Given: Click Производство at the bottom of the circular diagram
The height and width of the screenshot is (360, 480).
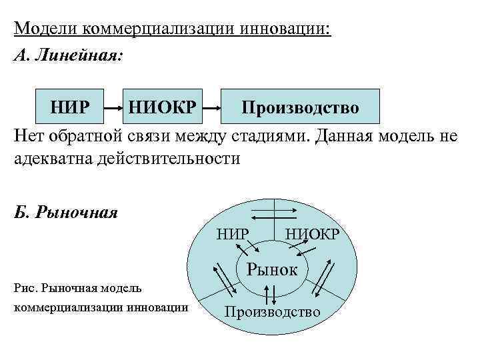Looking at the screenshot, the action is [x=272, y=311].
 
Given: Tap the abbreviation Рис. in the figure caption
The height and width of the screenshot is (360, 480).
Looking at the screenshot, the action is [x=25, y=288].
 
